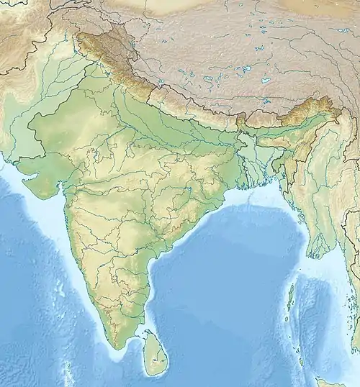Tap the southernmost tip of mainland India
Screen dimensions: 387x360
(x=113, y=347)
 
